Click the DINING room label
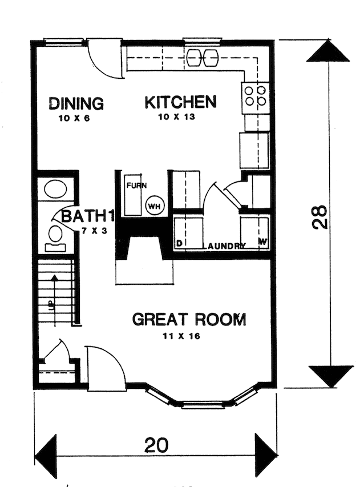pos(76,104)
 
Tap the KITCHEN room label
pos(180,102)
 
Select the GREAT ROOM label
pos(189,319)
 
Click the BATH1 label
pos(84,216)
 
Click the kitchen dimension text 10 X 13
pos(180,118)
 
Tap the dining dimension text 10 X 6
pos(74,119)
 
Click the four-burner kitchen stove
pos(255,95)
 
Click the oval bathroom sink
pos(55,189)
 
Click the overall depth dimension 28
pos(322,216)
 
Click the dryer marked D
pos(188,232)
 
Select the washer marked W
pos(254,232)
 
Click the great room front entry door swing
pos(106,368)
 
